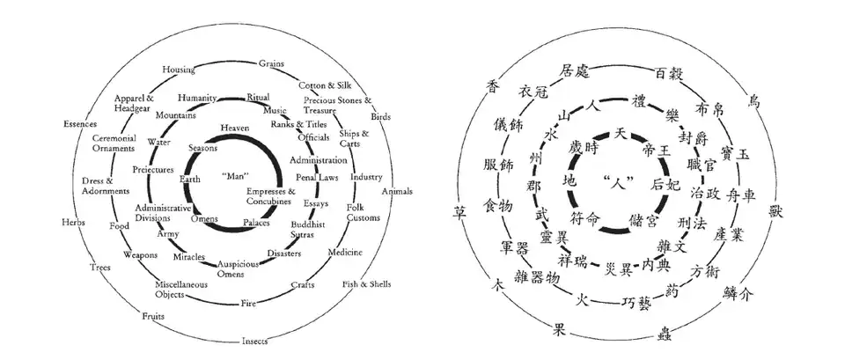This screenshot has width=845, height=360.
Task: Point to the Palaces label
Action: pyautogui.click(x=257, y=224)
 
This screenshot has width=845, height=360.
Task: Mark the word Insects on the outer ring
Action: pyautogui.click(x=255, y=341)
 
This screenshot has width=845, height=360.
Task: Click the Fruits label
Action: pyautogui.click(x=153, y=317)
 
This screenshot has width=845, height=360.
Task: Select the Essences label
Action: pyautogui.click(x=80, y=124)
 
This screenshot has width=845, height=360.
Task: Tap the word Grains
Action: pyautogui.click(x=270, y=63)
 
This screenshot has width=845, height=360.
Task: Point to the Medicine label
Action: pyautogui.click(x=344, y=253)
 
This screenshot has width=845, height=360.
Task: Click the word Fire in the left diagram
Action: pyautogui.click(x=249, y=304)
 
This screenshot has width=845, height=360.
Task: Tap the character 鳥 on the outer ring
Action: pyautogui.click(x=754, y=101)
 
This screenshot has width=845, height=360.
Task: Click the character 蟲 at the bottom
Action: pyautogui.click(x=664, y=334)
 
